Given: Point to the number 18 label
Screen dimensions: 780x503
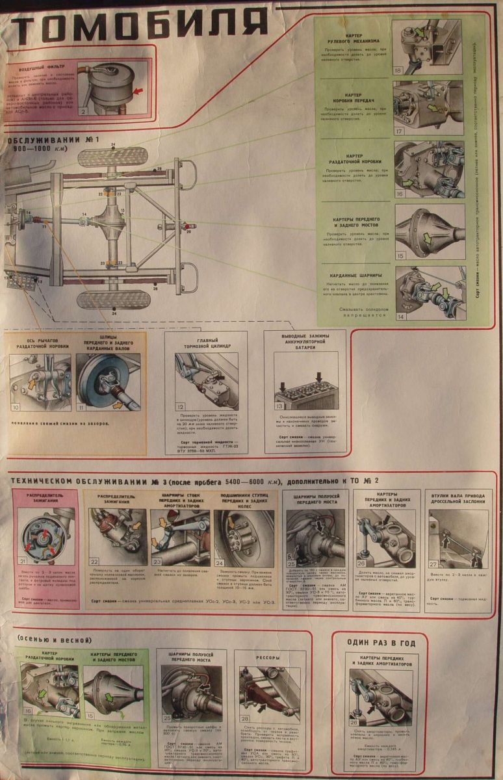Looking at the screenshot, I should (x=398, y=70).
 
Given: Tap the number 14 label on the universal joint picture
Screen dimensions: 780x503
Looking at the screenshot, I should (x=401, y=317).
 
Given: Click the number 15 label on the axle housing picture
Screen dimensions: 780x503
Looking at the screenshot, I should (x=401, y=255).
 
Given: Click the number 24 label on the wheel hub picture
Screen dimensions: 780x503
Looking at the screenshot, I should (x=220, y=563).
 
